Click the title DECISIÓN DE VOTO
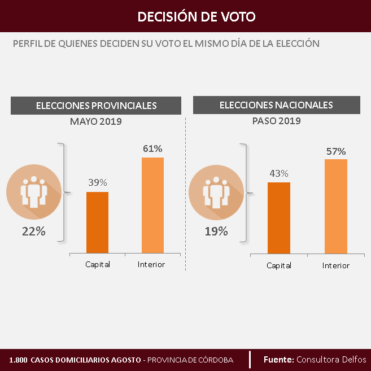[x=197, y=16]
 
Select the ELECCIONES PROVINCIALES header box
[x=96, y=106]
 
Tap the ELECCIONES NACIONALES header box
[x=276, y=105]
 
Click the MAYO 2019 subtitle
[x=96, y=121]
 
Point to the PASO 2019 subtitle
[x=276, y=121]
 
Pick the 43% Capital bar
[x=279, y=217]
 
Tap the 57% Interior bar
[x=336, y=206]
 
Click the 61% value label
[x=152, y=149]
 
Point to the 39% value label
[x=97, y=183]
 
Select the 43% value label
[x=279, y=173]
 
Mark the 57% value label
[x=336, y=151]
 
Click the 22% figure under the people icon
[x=33, y=232]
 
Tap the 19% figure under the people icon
[x=216, y=231]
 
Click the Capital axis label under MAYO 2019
[x=98, y=264]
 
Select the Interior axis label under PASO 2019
[x=336, y=265]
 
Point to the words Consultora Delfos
[x=331, y=359]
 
